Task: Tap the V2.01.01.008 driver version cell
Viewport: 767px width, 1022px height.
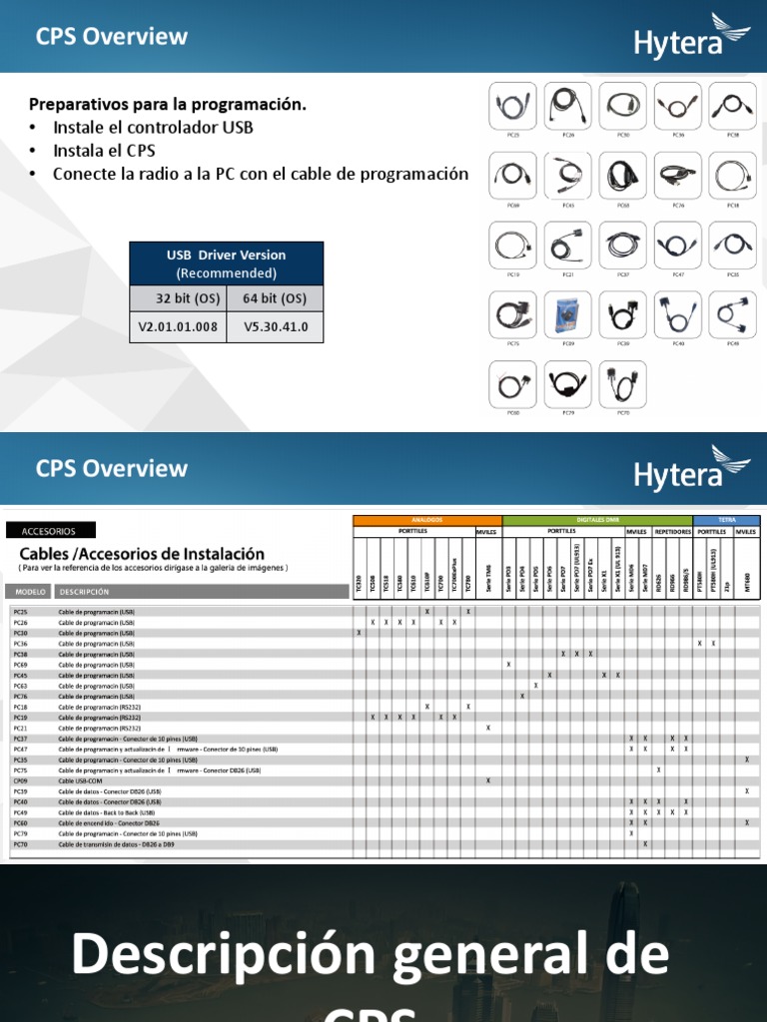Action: (178, 326)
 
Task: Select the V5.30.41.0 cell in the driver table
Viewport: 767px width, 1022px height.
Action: (275, 326)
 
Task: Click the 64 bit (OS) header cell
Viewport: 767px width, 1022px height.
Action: (275, 298)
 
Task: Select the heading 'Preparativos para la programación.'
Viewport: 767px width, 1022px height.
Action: (168, 104)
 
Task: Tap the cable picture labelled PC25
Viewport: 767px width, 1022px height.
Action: (512, 106)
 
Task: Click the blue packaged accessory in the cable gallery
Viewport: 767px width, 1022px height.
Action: (567, 314)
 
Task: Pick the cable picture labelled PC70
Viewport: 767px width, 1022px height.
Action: (622, 384)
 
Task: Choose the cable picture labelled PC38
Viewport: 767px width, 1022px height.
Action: (732, 106)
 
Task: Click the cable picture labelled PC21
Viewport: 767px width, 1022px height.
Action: (567, 245)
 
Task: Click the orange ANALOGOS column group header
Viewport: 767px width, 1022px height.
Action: (426, 520)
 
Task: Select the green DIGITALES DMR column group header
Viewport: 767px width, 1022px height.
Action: (596, 520)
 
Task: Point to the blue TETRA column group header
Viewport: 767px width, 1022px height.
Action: (726, 520)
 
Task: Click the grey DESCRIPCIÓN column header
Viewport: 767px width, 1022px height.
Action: (84, 592)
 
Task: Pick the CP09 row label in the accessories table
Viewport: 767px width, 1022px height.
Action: (21, 780)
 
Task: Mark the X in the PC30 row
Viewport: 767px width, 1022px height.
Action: (359, 633)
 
